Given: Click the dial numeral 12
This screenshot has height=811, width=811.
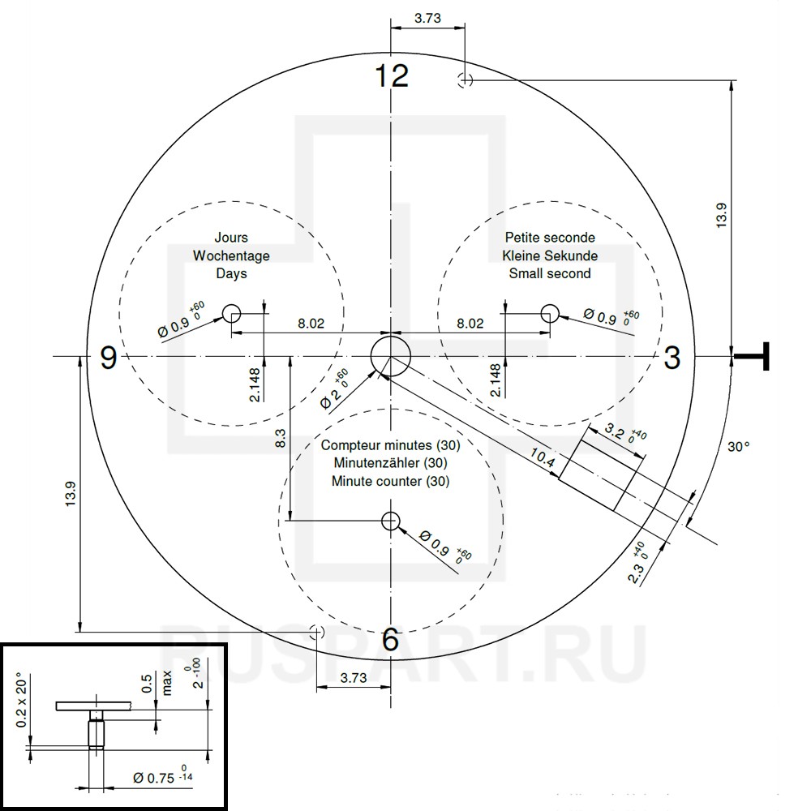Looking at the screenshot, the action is [392, 76].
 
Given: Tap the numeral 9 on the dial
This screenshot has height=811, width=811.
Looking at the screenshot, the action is [108, 358].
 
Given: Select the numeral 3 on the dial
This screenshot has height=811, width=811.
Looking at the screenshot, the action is [672, 358].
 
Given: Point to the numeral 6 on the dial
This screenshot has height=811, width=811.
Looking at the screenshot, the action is [391, 639].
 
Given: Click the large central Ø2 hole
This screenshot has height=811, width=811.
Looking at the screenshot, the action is [391, 356].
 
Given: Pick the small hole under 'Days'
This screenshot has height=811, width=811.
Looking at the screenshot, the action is [232, 313].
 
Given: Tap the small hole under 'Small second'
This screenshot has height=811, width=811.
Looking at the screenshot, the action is [550, 313].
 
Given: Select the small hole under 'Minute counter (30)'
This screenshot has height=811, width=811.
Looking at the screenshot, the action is [391, 521].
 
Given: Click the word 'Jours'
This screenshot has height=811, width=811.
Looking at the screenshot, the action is [231, 238].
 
